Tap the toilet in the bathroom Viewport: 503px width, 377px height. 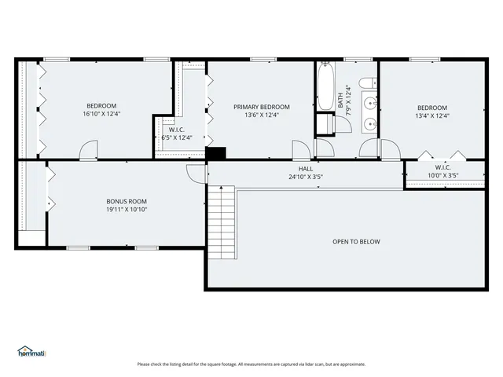(367, 82)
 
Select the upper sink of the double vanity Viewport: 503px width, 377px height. (370, 101)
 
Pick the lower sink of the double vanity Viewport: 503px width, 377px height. (370, 123)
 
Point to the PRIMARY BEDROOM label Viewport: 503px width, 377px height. (262, 107)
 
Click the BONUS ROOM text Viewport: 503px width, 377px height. (127, 201)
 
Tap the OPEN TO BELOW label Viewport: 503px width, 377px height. (356, 241)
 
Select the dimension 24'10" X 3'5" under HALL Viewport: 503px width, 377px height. (306, 177)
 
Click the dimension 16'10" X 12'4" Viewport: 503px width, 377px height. (101, 114)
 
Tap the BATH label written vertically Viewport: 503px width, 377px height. (341, 100)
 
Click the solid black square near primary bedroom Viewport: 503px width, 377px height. (215, 153)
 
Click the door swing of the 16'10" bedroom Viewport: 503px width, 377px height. (89, 149)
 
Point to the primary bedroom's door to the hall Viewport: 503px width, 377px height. (301, 149)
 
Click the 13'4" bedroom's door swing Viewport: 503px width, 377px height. (391, 148)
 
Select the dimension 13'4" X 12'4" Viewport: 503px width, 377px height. (432, 115)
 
